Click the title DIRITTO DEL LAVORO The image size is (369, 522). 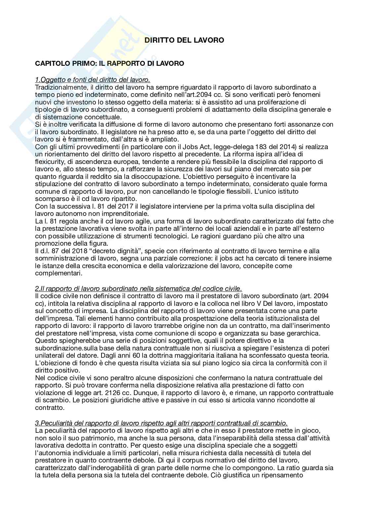(x=184, y=40)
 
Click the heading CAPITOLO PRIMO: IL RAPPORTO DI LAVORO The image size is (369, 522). (x=109, y=63)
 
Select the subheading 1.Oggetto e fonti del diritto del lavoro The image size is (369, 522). (x=93, y=80)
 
